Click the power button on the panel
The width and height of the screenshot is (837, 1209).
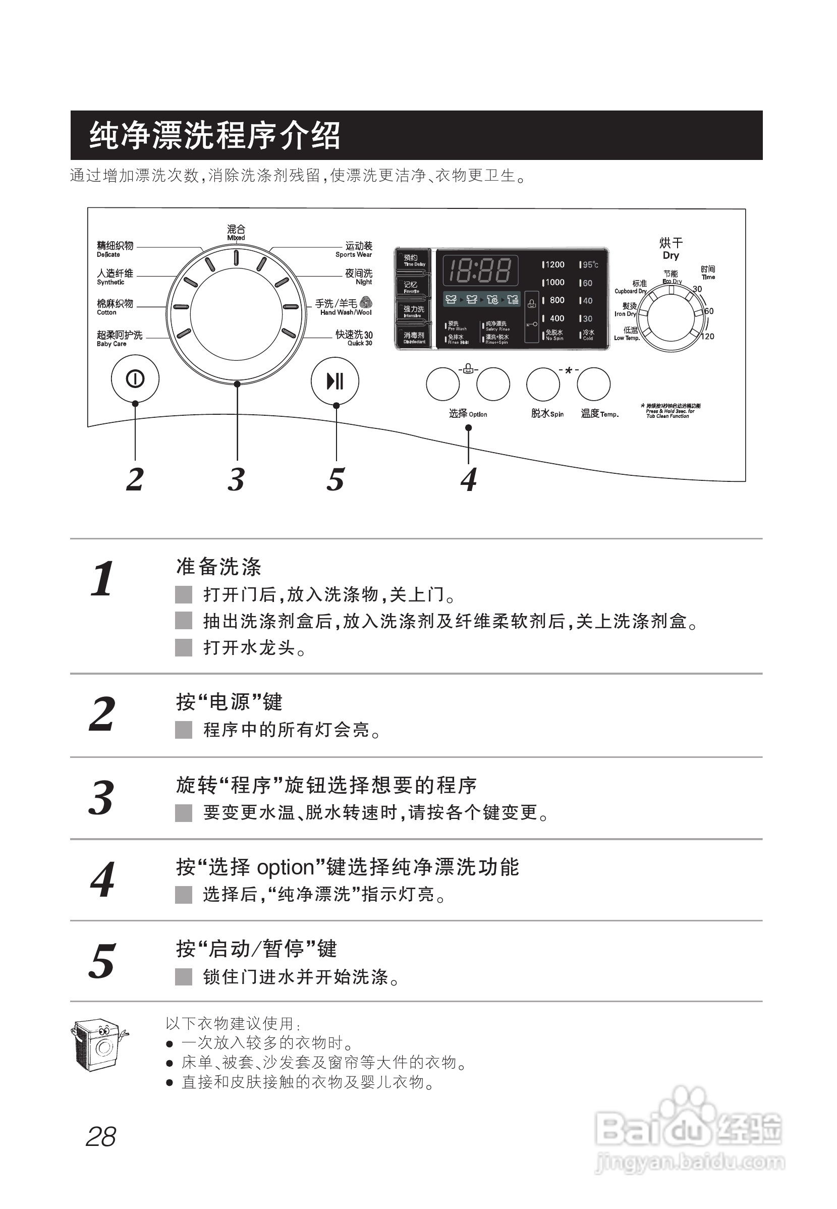135,379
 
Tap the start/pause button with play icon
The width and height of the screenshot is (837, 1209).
334,381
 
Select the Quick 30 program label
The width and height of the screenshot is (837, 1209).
354,338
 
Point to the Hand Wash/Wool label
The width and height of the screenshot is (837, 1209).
344,307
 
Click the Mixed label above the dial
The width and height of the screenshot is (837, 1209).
236,232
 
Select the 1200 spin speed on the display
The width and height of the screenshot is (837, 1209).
554,265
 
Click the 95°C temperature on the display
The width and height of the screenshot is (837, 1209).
589,265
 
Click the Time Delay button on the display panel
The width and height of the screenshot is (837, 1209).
413,260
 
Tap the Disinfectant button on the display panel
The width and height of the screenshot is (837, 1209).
413,337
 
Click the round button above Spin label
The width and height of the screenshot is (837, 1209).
543,384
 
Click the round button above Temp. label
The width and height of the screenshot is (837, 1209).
593,384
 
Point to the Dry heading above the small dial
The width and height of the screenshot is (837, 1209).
671,255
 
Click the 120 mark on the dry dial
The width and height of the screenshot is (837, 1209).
707,337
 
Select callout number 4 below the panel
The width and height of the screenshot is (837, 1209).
468,479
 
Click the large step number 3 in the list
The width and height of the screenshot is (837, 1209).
101,797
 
